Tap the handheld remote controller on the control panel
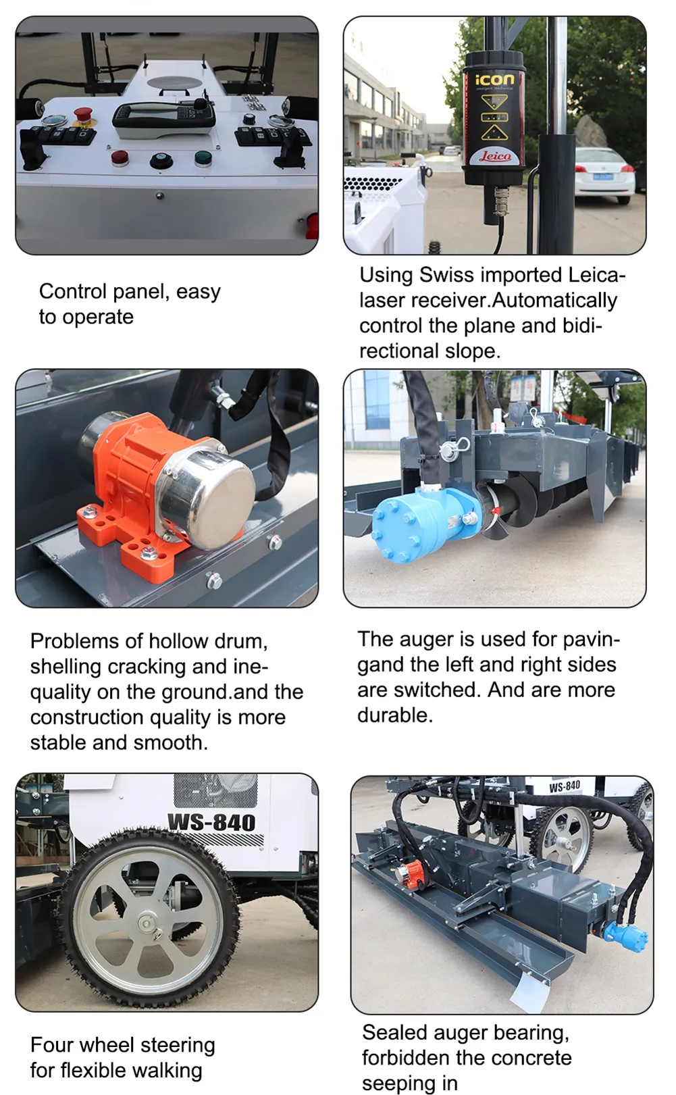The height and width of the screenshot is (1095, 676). (164, 119)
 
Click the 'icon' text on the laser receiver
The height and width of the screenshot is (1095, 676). (494, 79)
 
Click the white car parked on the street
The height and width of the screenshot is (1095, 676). (604, 174)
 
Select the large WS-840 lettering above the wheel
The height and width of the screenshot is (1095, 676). (211, 821)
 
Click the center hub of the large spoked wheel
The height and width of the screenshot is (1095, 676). (147, 923)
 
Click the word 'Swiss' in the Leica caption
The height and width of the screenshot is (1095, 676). (447, 275)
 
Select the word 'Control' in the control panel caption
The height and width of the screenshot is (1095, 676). (73, 291)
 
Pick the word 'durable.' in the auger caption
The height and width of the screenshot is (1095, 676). (395, 715)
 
